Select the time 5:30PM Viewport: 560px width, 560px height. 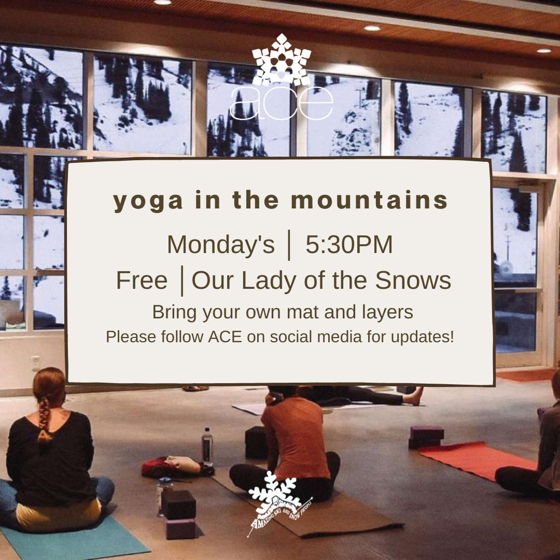349,245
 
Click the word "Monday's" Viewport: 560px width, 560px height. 220,245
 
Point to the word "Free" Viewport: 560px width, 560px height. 142,281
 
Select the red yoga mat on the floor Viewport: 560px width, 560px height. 477,459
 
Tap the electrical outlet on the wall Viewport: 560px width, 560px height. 36,363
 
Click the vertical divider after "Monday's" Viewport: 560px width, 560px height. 289,245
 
